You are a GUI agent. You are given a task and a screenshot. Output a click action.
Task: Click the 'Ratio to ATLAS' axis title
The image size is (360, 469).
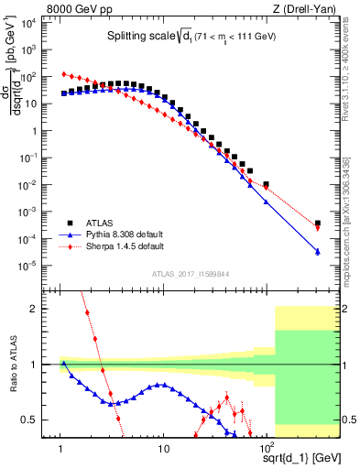click(14, 365)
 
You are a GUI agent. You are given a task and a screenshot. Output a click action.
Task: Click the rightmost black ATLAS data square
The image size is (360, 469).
click(317, 223)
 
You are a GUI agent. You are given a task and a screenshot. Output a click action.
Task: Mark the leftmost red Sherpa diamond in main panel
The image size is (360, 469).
click(63, 74)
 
